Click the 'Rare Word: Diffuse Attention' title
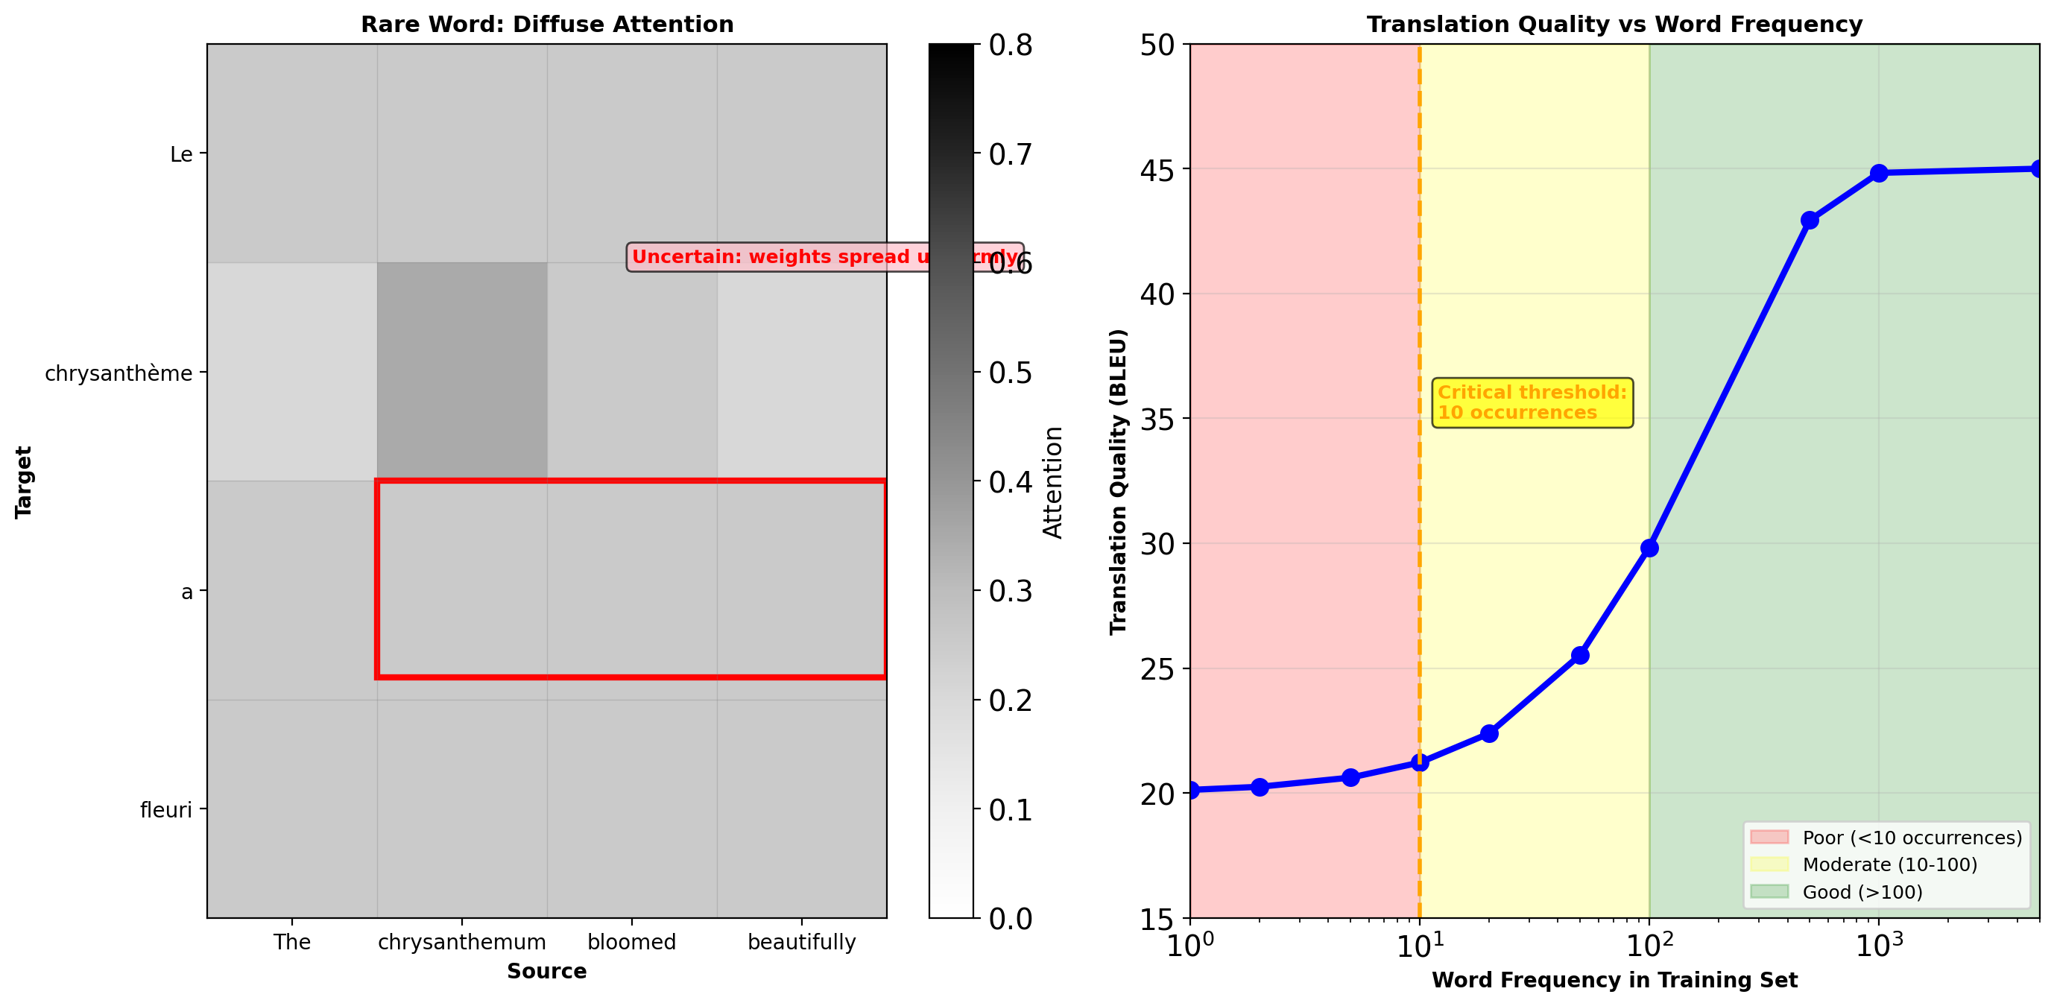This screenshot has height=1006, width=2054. point(547,24)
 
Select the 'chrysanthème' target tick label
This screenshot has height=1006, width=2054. point(118,373)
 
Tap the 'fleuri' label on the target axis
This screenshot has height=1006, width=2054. point(166,810)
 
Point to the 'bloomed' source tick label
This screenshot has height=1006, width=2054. point(631,941)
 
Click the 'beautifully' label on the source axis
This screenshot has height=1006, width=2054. point(801,941)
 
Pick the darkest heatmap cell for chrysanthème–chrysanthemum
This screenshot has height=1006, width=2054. point(461,371)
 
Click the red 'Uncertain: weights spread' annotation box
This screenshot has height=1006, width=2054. point(824,256)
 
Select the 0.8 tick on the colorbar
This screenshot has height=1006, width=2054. point(1011,45)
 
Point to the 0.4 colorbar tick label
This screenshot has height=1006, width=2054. point(1011,482)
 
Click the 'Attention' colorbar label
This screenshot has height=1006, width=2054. point(1053,482)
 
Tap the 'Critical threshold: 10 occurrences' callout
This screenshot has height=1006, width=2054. point(1532,402)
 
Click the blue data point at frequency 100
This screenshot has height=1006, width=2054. point(1649,548)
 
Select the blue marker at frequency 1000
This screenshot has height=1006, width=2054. point(1879,173)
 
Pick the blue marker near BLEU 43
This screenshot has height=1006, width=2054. point(1810,220)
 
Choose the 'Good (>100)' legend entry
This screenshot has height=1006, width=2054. point(1862,891)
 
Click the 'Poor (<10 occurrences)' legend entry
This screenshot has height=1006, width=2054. point(1911,837)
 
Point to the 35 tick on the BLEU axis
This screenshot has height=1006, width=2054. point(1157,420)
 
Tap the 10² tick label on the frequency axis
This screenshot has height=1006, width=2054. point(1649,946)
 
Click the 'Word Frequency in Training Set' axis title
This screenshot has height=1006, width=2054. point(1614,980)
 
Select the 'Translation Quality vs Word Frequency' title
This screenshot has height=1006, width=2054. point(1614,24)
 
